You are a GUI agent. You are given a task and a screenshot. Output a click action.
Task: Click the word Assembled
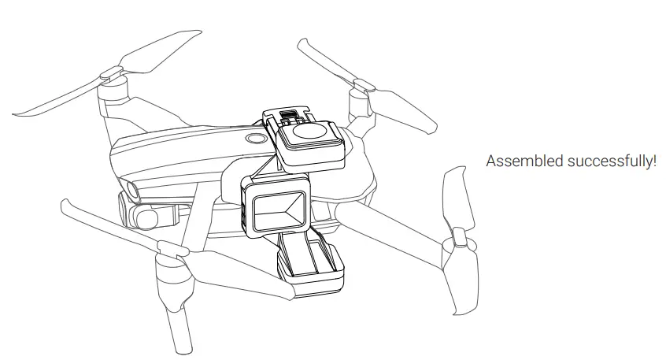(x=515, y=161)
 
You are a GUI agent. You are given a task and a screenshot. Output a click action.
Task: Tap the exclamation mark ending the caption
(x=654, y=161)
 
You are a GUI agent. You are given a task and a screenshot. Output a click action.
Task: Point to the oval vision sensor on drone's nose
(x=128, y=189)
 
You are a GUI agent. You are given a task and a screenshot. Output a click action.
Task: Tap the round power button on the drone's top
(x=255, y=139)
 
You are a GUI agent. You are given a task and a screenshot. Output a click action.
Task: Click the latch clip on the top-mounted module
(x=290, y=117)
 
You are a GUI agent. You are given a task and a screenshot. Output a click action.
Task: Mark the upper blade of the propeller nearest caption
(x=456, y=198)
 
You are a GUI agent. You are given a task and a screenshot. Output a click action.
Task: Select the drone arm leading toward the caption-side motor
(x=394, y=220)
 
